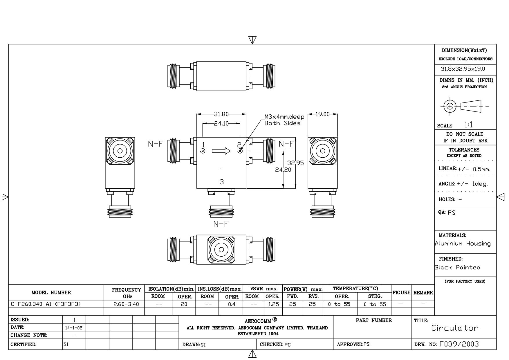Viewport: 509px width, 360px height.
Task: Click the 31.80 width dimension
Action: (x=221, y=114)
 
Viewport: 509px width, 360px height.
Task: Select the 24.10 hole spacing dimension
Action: (x=221, y=124)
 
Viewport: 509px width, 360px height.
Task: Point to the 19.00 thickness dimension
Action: (x=322, y=114)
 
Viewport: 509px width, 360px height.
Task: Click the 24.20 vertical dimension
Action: (x=283, y=170)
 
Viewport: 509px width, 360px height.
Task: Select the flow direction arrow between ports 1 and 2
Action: (x=221, y=151)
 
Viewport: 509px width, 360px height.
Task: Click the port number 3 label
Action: (x=222, y=182)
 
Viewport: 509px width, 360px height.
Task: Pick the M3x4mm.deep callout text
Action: (x=284, y=117)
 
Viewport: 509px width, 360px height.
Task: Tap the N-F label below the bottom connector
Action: (x=221, y=224)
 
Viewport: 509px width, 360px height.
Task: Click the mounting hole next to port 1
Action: (x=203, y=151)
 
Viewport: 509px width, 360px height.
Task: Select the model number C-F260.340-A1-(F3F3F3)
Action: (x=46, y=304)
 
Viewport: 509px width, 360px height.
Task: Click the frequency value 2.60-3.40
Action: (x=126, y=304)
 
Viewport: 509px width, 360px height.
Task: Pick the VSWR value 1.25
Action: (x=273, y=304)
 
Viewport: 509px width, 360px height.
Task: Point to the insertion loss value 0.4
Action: (x=232, y=304)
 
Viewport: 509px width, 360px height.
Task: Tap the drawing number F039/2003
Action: (x=459, y=344)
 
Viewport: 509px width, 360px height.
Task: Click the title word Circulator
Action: (x=454, y=328)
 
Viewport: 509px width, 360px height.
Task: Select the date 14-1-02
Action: (x=74, y=328)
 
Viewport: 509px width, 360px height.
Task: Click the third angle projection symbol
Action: (x=464, y=106)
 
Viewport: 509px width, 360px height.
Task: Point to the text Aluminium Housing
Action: (x=463, y=244)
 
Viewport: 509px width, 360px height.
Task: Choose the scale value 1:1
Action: (x=468, y=125)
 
